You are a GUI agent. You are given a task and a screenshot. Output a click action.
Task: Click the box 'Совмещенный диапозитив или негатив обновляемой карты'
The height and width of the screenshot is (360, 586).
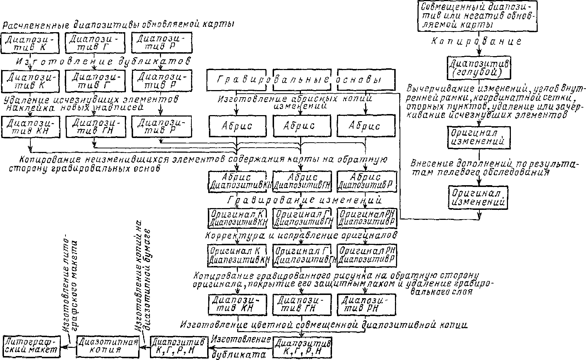click(x=478, y=16)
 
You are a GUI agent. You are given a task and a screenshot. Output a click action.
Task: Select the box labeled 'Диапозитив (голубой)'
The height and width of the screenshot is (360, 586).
click(x=479, y=68)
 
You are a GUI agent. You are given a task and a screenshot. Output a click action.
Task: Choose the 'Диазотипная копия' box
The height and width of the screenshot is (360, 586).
click(x=108, y=346)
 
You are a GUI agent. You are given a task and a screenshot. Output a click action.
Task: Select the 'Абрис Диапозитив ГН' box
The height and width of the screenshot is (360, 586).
click(x=301, y=181)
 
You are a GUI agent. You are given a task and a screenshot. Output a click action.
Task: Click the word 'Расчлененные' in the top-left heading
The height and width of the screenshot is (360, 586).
click(x=36, y=25)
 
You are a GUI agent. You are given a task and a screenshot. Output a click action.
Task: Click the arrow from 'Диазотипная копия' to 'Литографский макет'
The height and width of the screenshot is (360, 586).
click(x=69, y=346)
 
